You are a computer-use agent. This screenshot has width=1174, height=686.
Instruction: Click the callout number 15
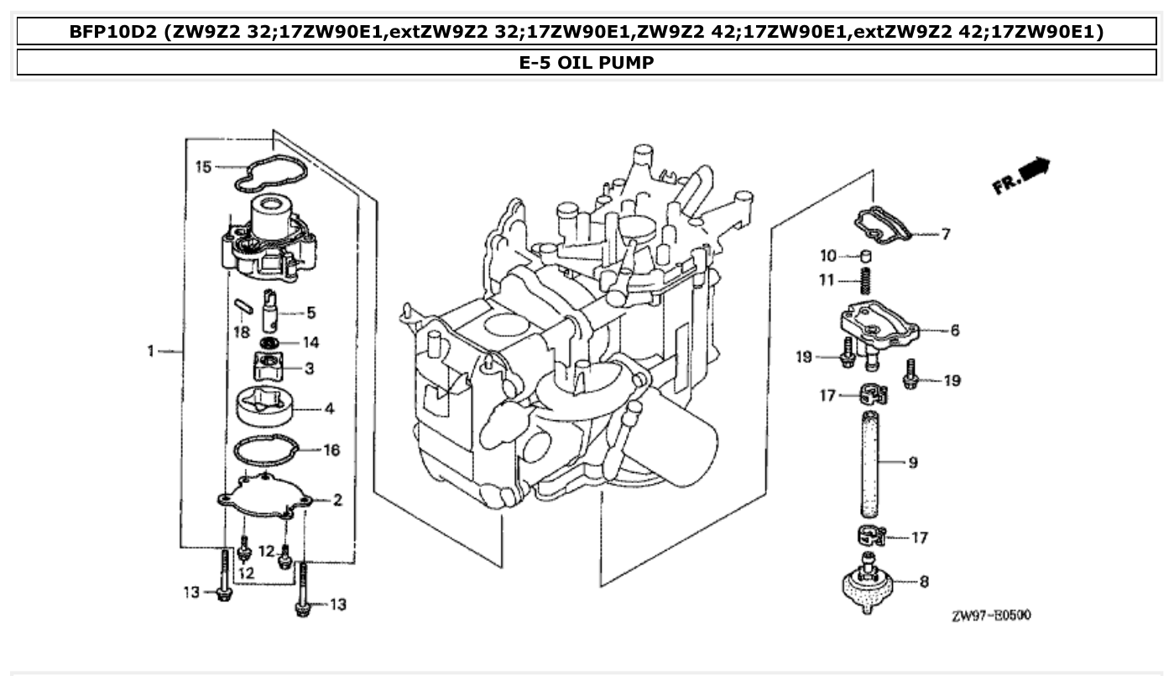coord(203,167)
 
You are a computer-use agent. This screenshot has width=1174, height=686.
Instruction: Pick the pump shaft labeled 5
coord(270,312)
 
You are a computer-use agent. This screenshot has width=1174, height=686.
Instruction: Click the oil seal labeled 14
coord(269,343)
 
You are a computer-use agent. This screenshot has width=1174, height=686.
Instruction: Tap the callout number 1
coord(152,351)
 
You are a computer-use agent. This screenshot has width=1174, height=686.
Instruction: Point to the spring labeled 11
coord(868,281)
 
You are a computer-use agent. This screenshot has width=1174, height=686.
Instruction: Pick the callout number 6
coord(954,330)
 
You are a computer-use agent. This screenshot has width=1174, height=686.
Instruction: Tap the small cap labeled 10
coord(869,255)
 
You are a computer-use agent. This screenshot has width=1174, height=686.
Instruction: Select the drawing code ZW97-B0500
coord(991,616)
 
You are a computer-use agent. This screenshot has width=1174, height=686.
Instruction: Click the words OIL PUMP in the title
coord(609,63)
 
